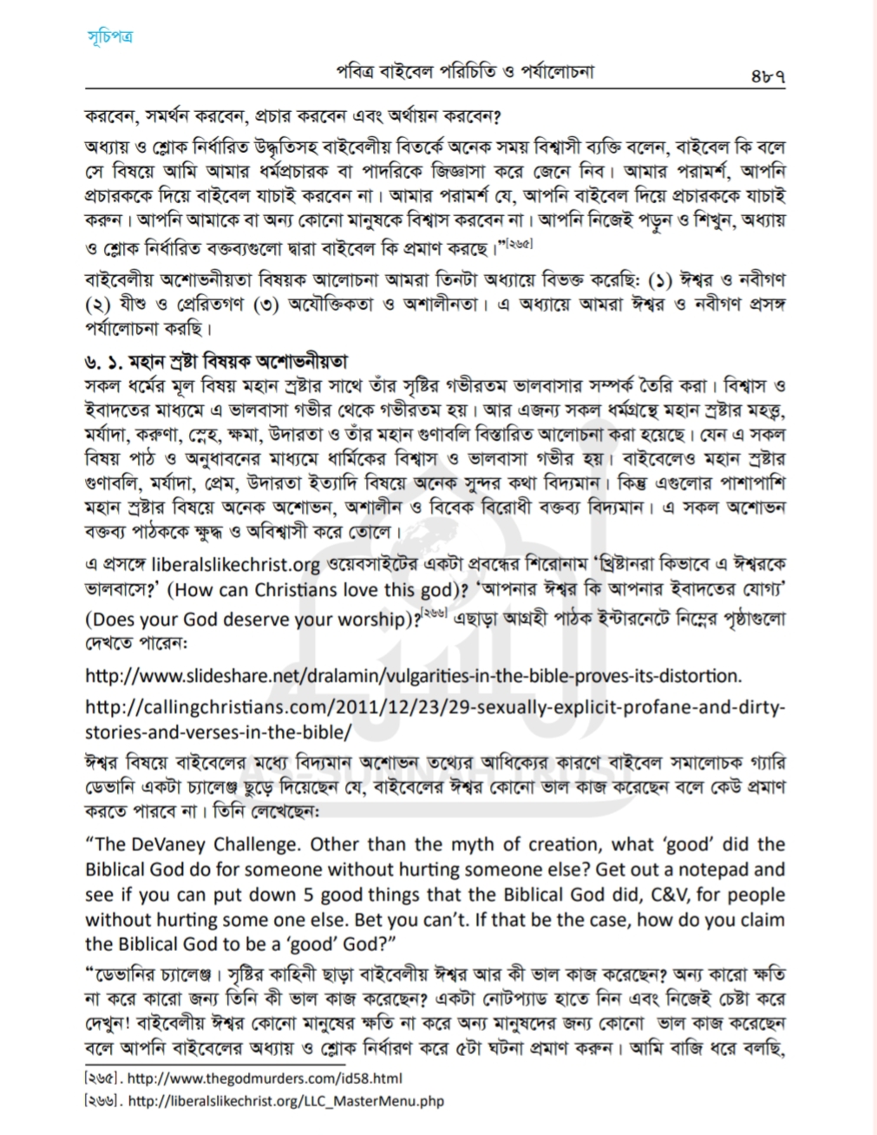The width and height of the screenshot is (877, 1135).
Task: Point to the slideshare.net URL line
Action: point(414,674)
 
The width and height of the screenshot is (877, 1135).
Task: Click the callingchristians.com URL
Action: point(435,705)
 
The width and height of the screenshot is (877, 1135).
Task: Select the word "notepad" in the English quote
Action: point(701,869)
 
